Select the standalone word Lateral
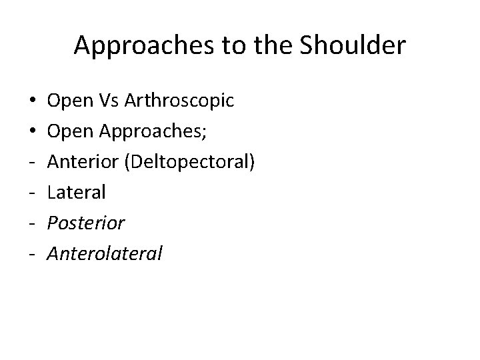click(x=77, y=192)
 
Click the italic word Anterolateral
click(x=105, y=253)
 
